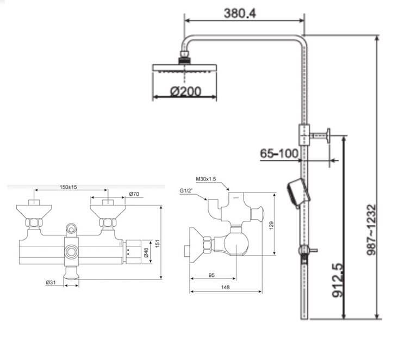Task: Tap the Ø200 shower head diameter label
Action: click(185, 91)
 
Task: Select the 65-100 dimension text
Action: click(279, 154)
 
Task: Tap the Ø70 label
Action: click(134, 194)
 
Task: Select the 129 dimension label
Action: click(272, 224)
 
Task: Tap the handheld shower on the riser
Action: click(298, 193)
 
